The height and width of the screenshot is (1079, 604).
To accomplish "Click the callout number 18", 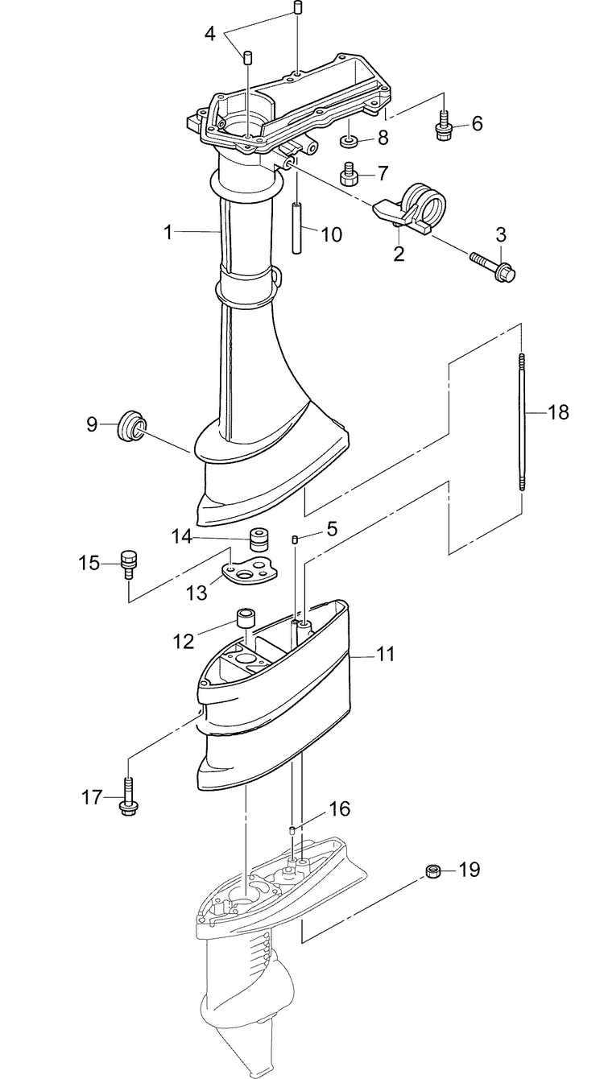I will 558,412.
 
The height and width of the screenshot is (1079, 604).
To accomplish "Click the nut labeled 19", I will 432,870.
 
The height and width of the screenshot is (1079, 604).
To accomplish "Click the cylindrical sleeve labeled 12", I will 245,620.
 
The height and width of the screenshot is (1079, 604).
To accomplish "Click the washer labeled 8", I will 349,143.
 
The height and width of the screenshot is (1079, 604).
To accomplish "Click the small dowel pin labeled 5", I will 296,539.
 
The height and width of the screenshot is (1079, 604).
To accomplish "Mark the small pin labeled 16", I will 293,829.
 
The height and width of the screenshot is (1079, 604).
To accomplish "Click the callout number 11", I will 386,655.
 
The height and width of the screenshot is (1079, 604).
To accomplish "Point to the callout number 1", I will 168,233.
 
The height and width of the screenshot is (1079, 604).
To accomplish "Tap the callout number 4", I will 210,34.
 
